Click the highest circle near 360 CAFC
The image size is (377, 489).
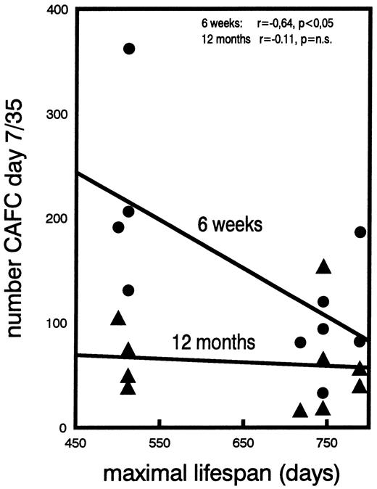click(129, 49)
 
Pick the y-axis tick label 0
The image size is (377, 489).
click(65, 427)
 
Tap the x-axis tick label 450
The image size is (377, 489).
click(76, 444)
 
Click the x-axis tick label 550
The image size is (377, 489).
click(159, 444)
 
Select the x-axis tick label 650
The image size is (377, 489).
click(242, 444)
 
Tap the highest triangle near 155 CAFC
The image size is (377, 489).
click(323, 266)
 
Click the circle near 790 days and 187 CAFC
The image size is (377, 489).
click(360, 232)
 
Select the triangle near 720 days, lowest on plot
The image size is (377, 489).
click(300, 411)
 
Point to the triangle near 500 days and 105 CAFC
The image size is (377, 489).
click(119, 318)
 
